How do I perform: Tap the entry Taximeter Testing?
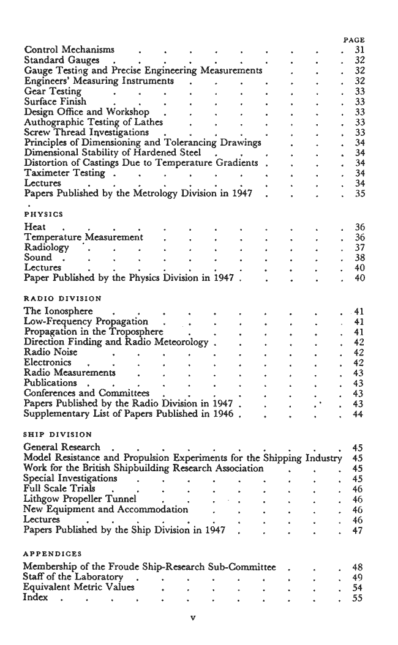click(64, 174)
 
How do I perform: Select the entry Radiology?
click(47, 247)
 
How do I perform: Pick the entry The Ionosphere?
click(58, 311)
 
